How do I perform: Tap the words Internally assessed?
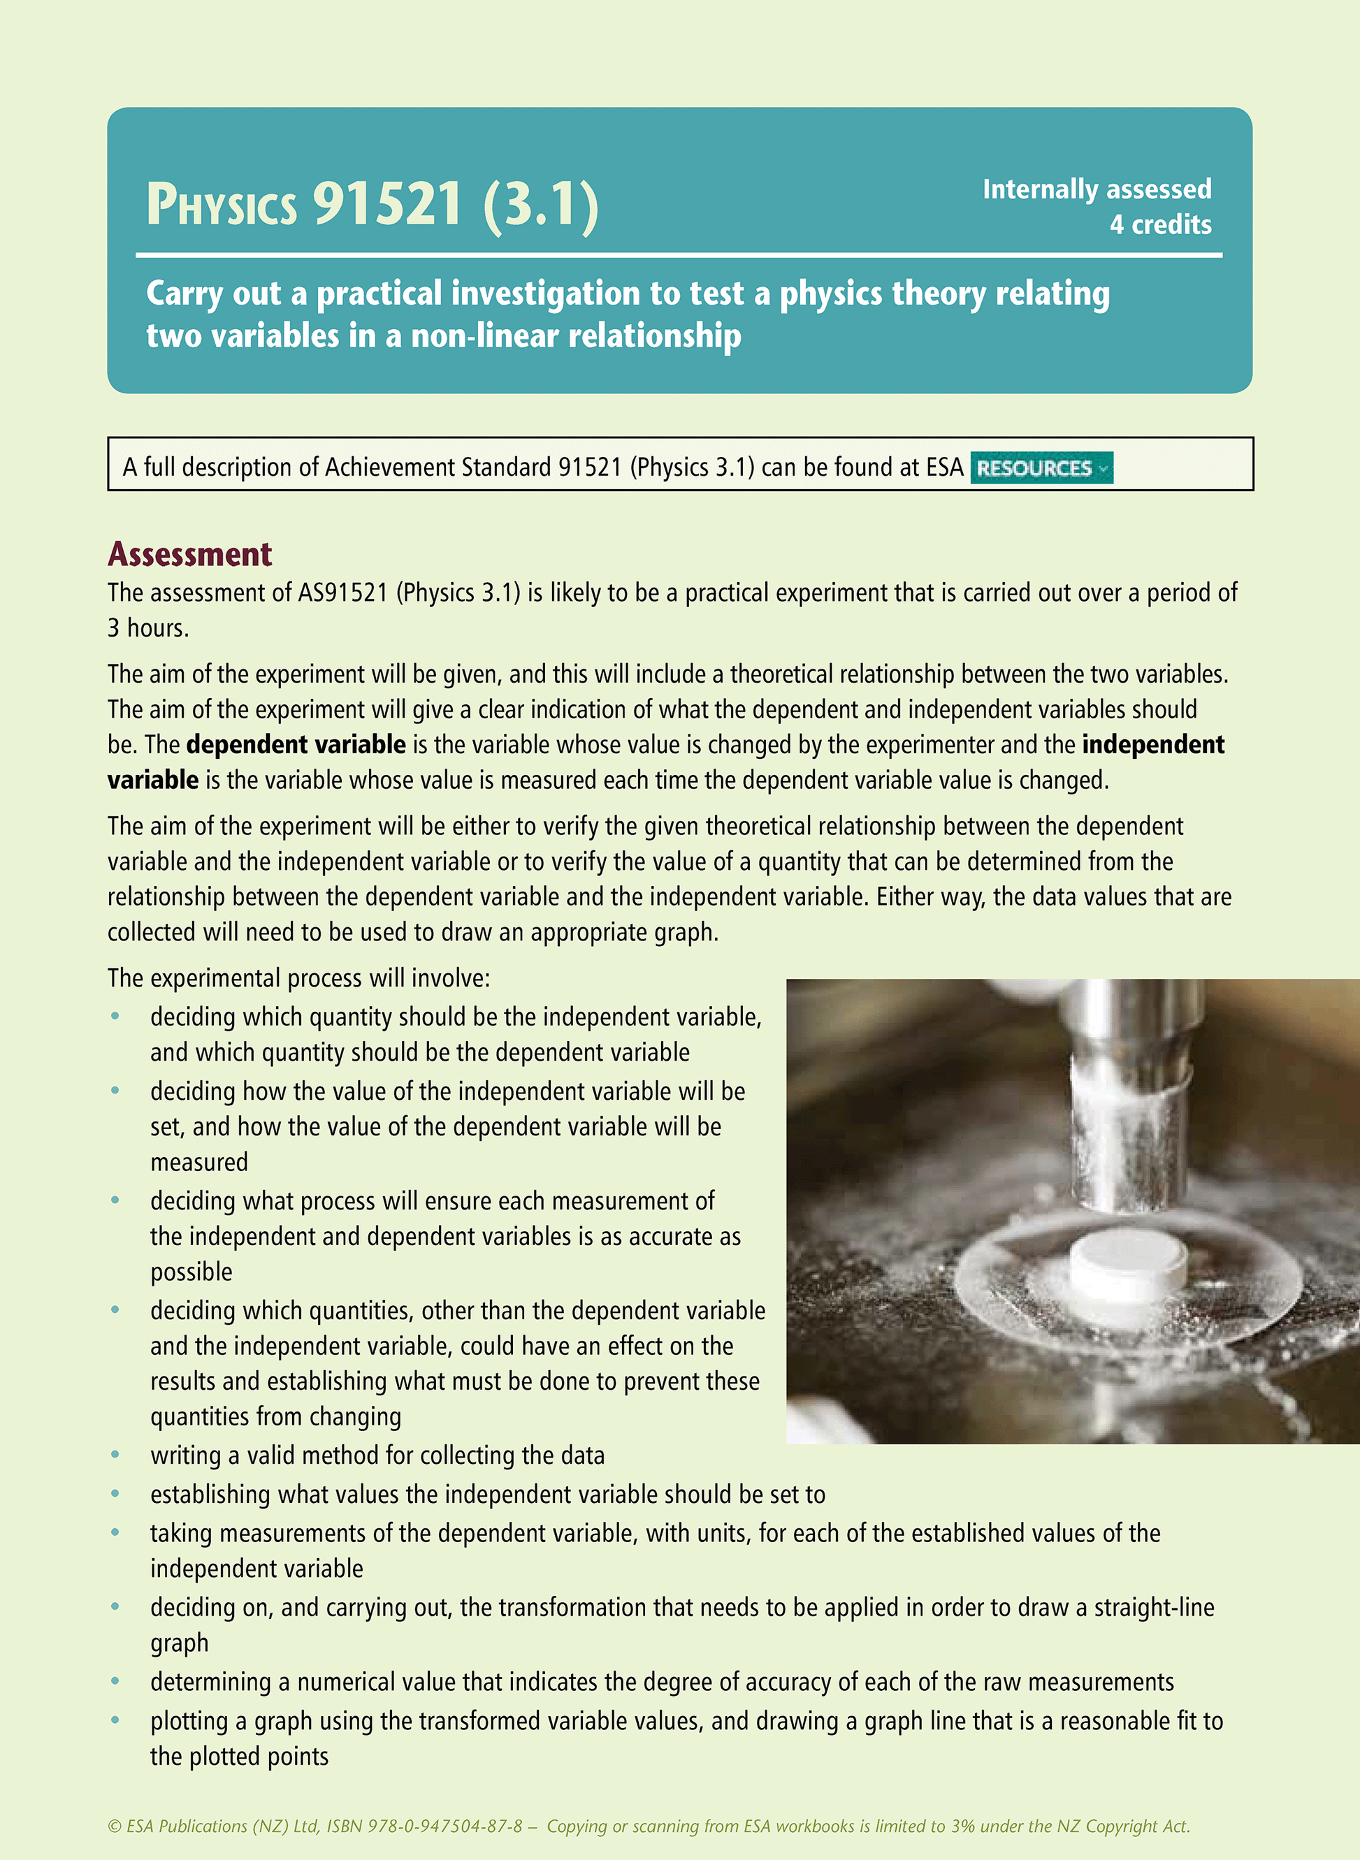[1096, 189]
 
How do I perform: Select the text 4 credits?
[1160, 225]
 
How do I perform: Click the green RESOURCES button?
[1041, 467]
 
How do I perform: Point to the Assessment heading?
[189, 555]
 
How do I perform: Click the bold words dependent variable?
[296, 745]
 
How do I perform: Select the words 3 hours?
[148, 628]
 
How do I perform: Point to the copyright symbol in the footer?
[114, 1826]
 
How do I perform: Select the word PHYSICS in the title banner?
[222, 205]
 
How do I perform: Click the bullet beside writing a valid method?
[115, 1455]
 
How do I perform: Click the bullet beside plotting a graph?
[115, 1720]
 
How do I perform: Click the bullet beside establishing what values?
[115, 1494]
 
